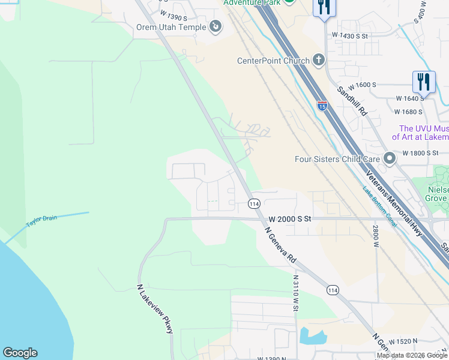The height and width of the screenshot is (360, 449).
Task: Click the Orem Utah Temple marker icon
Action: pyautogui.click(x=215, y=26)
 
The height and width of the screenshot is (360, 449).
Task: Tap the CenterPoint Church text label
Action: pyautogui.click(x=273, y=61)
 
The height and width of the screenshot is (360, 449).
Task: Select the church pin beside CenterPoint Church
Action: pyautogui.click(x=318, y=60)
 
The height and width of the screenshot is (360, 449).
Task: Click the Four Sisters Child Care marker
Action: pyautogui.click(x=390, y=159)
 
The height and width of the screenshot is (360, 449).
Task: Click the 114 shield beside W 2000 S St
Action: pyautogui.click(x=254, y=204)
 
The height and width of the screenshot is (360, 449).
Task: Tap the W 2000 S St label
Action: pyautogui.click(x=290, y=220)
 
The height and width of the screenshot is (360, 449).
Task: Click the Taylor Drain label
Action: pyautogui.click(x=41, y=221)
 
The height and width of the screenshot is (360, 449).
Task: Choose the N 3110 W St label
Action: pyautogui.click(x=296, y=293)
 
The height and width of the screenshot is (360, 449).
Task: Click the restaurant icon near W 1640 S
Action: pyautogui.click(x=424, y=81)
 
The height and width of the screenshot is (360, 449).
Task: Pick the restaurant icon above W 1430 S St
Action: pyautogui.click(x=324, y=7)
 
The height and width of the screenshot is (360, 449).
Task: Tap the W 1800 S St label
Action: pyautogui.click(x=427, y=153)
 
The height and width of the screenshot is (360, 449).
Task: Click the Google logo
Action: pyautogui.click(x=20, y=353)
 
